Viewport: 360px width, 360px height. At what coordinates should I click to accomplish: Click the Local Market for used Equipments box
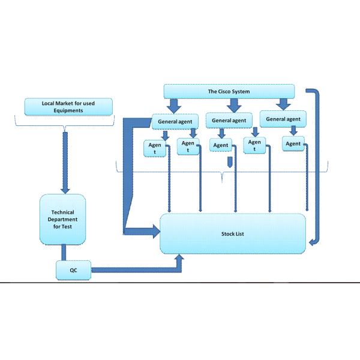pos(68,107)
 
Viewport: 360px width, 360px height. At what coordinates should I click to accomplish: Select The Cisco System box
pos(229,91)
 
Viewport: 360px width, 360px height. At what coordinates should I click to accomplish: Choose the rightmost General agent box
pos(283,119)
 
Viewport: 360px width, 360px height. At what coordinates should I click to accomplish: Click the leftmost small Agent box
pos(151,148)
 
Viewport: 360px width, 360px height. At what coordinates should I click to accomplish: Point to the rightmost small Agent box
pos(293,143)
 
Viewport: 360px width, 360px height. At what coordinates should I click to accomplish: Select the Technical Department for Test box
pos(64,219)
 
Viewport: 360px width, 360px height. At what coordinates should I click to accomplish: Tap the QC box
pos(73,271)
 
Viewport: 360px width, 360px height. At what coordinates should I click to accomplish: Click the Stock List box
pos(233,233)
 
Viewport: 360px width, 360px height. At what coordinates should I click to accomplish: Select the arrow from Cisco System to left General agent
pos(175,105)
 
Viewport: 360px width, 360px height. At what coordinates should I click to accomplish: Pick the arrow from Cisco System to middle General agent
pos(230,104)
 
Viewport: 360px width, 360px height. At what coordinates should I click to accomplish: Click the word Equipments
pos(68,111)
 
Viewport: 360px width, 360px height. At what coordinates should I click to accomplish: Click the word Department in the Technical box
pos(64,219)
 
